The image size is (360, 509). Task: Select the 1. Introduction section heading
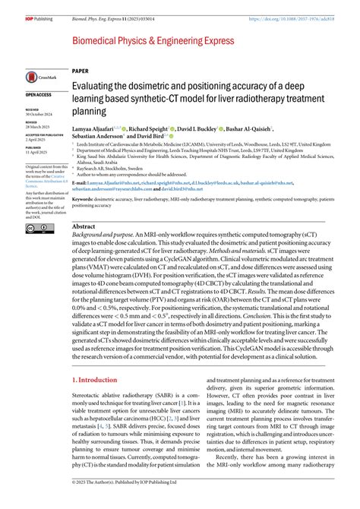[99, 358]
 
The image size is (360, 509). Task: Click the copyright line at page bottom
[125, 503]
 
